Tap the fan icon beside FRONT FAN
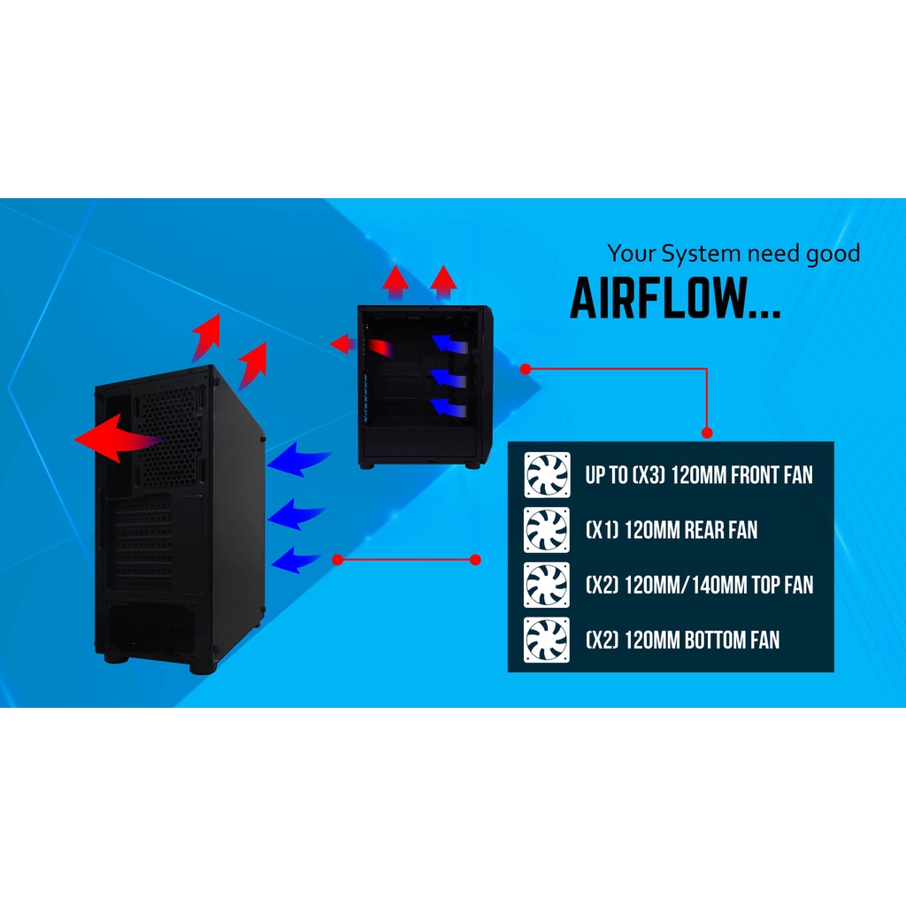coord(547,476)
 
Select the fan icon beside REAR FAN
coord(547,530)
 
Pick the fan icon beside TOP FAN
coord(547,585)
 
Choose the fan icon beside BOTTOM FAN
coord(547,640)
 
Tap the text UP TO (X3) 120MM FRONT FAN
coord(698,475)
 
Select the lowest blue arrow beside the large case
coord(296,559)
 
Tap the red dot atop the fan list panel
coord(707,433)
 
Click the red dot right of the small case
coord(525,368)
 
